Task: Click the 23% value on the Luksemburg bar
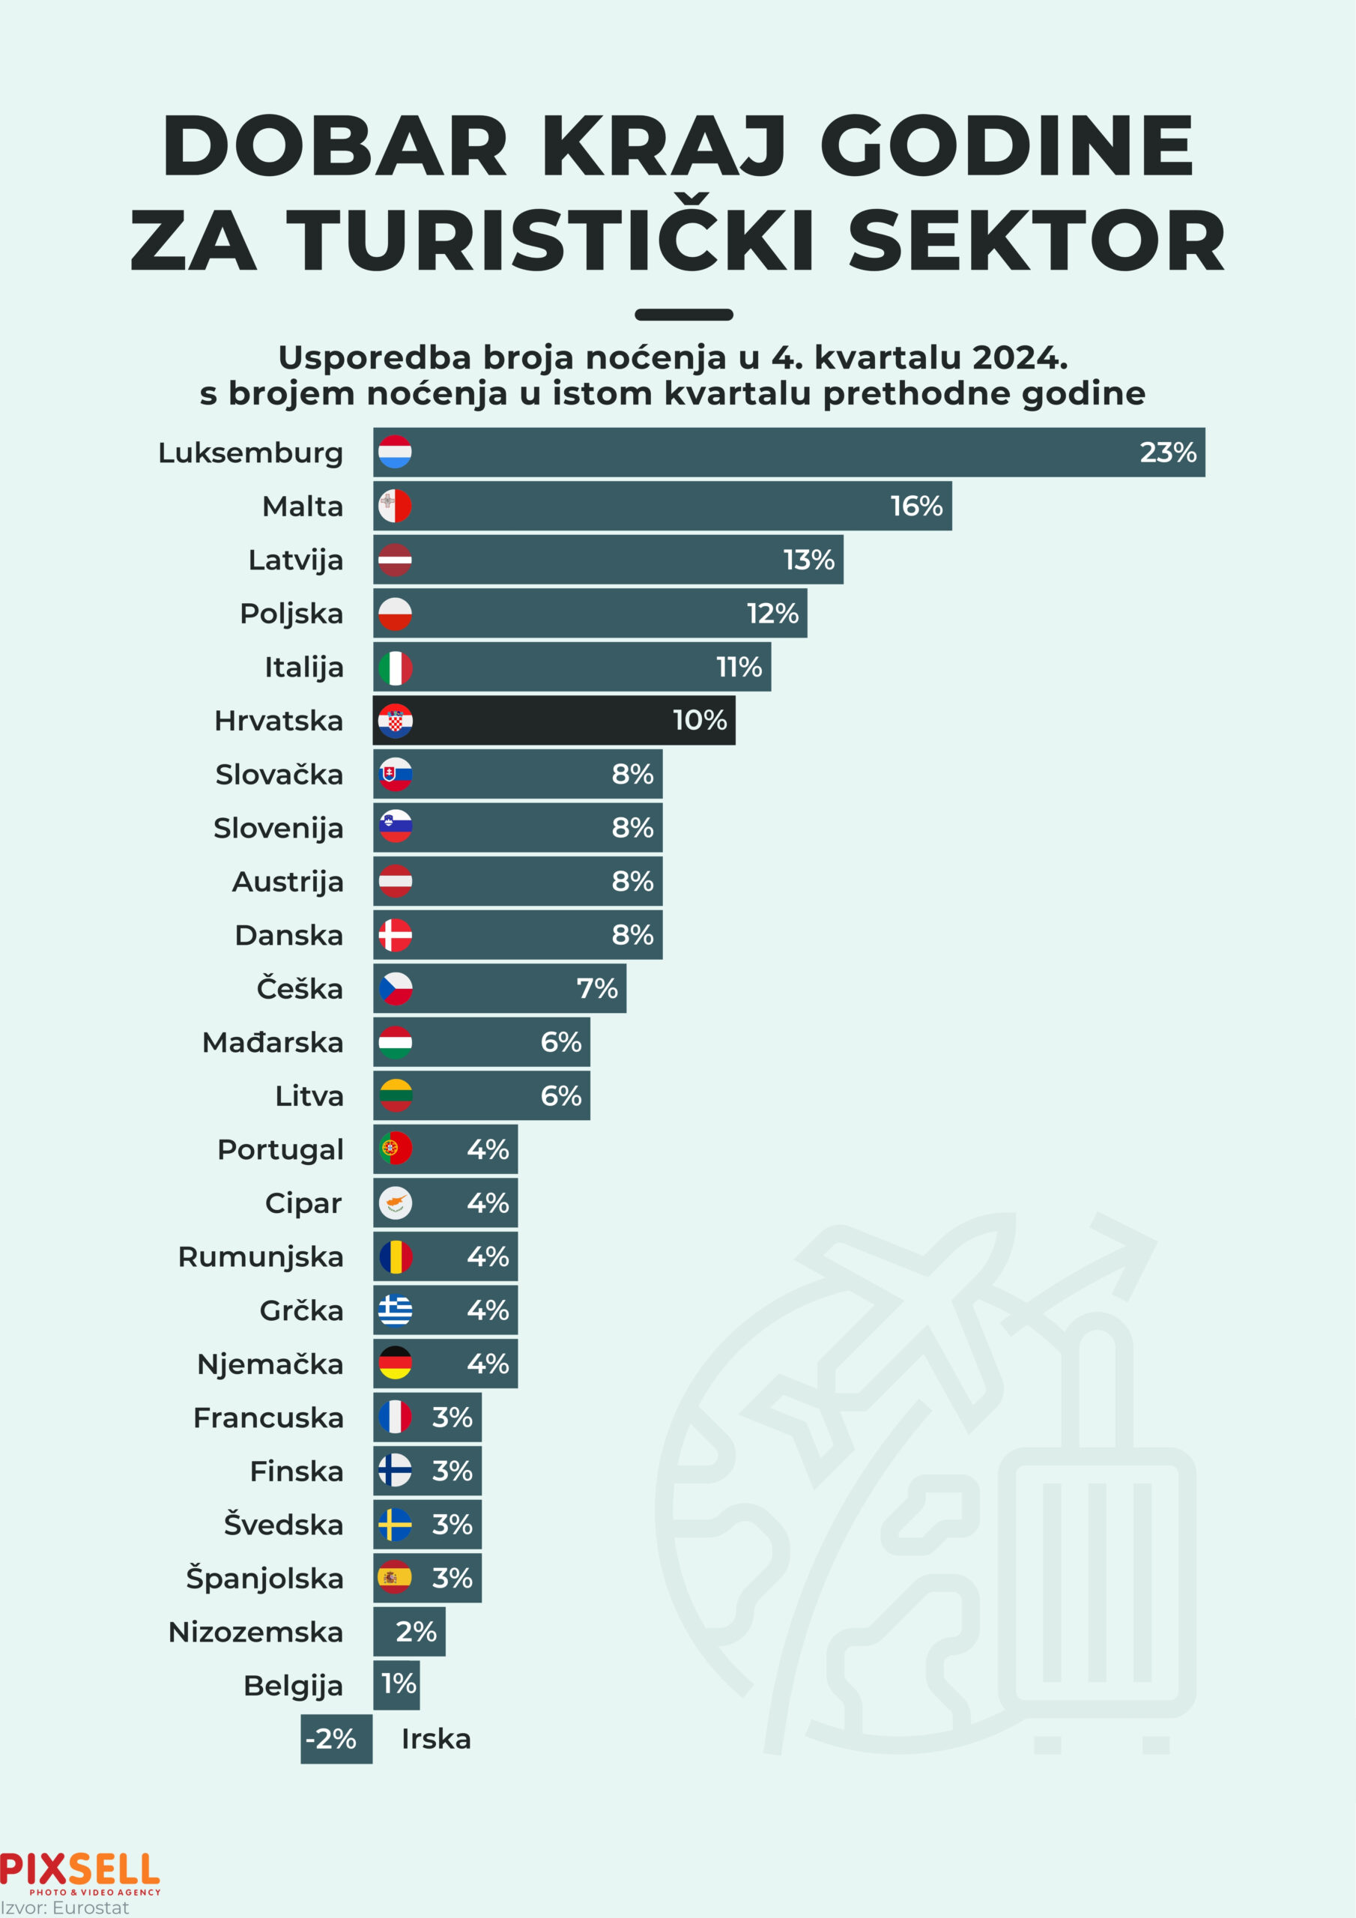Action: tap(1167, 453)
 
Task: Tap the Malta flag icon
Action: tap(394, 506)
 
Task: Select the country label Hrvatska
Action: tap(278, 721)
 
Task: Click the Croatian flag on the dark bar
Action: tap(394, 721)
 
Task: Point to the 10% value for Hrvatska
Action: tap(699, 720)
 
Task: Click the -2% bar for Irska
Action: tap(336, 1738)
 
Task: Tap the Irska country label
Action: tap(436, 1738)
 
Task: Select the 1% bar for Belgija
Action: tap(397, 1684)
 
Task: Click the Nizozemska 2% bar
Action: tap(409, 1632)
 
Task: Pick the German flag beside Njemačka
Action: tap(394, 1364)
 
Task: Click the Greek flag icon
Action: tap(394, 1310)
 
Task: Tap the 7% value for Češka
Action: tap(596, 988)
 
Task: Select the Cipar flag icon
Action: tap(394, 1203)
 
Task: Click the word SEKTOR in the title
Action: tap(1036, 241)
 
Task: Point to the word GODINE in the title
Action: tap(1008, 146)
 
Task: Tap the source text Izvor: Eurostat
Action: tap(65, 1908)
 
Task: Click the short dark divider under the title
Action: tap(683, 315)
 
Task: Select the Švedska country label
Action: tap(283, 1525)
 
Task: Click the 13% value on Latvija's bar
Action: tap(808, 560)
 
